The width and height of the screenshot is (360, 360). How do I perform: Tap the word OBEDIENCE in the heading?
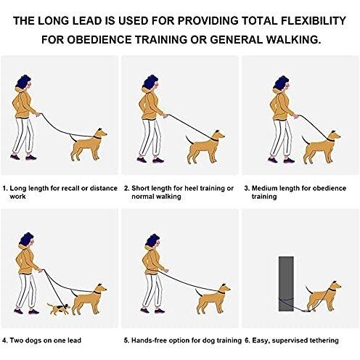(99, 40)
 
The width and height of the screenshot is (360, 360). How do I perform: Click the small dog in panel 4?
(58, 308)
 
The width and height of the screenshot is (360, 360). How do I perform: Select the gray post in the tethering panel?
(286, 284)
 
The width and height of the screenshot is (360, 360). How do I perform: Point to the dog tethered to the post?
(323, 297)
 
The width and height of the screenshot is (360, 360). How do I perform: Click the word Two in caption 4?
(17, 340)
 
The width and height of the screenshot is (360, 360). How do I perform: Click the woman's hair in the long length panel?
(22, 81)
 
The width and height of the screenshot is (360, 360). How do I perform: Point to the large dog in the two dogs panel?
(89, 300)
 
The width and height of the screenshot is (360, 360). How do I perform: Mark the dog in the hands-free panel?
(213, 300)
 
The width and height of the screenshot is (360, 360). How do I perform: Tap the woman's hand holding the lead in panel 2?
(165, 116)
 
